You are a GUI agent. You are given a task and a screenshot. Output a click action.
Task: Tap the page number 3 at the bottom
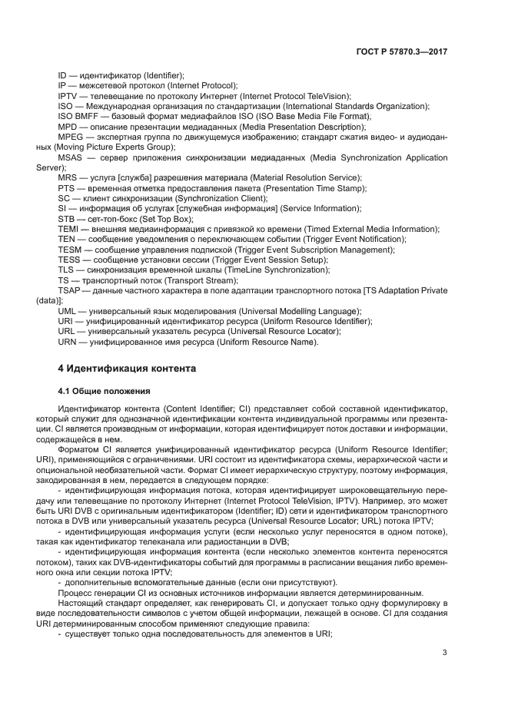pyautogui.click(x=444, y=653)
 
